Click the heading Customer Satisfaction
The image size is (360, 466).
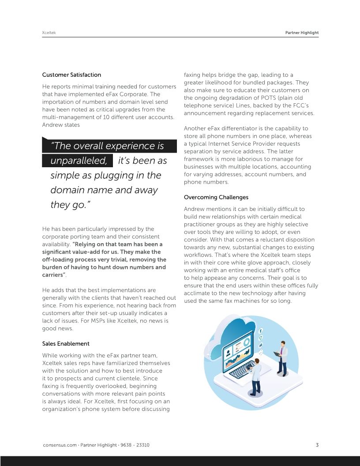[x=71, y=75]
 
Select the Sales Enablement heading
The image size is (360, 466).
[x=66, y=343]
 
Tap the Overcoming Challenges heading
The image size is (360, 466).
[x=216, y=197]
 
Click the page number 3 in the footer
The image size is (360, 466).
[x=317, y=445]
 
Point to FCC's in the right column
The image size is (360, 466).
[x=304, y=105]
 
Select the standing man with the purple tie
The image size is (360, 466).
[x=281, y=357]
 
